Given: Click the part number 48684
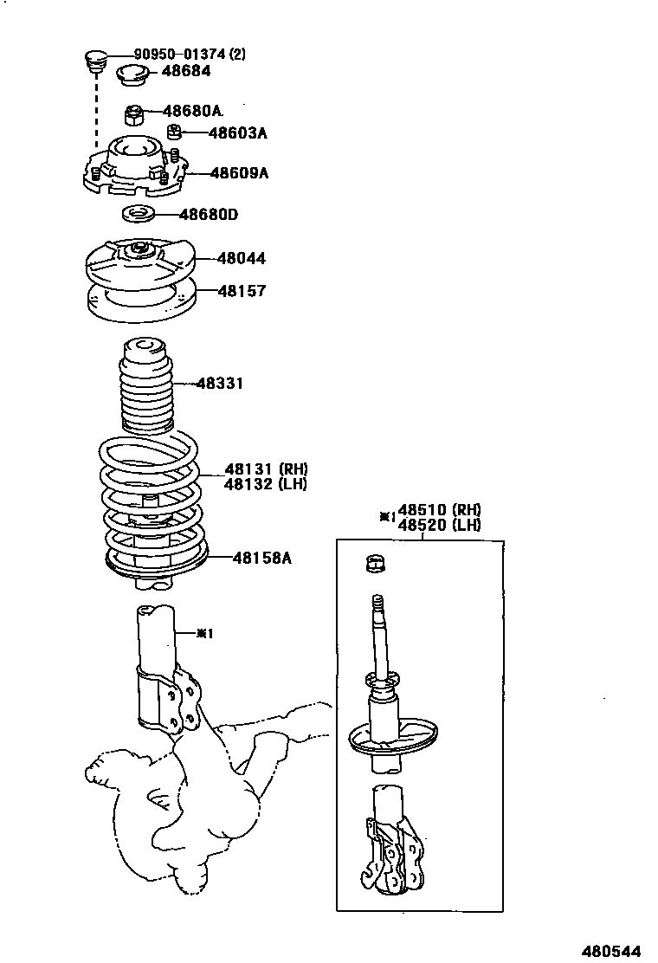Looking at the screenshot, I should point(185,71).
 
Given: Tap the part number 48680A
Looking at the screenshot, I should point(192,111).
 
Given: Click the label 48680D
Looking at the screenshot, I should point(208,214).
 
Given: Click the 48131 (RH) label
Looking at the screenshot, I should point(266,469).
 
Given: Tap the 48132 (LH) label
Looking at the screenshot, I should point(266,484).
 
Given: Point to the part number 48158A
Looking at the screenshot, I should point(261,558).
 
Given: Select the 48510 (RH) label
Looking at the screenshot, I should point(439,510).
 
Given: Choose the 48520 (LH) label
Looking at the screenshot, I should point(439,525).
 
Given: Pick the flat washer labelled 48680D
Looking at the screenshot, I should point(138,214).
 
